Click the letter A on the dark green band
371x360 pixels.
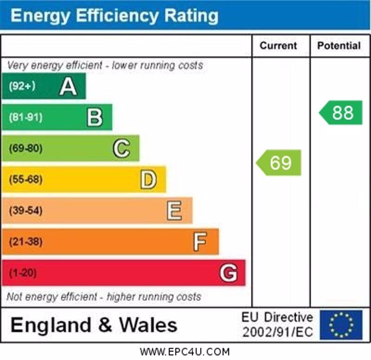click(x=68, y=86)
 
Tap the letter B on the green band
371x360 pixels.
click(x=95, y=117)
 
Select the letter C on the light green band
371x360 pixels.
click(x=122, y=148)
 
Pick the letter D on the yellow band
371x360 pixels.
click(x=148, y=180)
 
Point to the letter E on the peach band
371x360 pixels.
click(x=174, y=211)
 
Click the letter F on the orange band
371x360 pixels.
click(x=200, y=242)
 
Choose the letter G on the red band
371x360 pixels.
click(x=228, y=273)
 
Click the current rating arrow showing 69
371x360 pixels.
click(x=279, y=163)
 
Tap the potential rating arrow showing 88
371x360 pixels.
click(x=341, y=113)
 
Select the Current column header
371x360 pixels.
click(x=278, y=45)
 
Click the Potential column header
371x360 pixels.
click(x=339, y=45)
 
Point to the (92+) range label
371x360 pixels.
click(x=22, y=86)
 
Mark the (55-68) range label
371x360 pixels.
click(x=26, y=180)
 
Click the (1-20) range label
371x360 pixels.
click(x=23, y=273)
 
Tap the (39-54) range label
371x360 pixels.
click(x=26, y=211)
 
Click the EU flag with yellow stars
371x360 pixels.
click(x=341, y=325)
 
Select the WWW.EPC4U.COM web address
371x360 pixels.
click(x=185, y=352)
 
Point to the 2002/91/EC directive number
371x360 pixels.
click(x=277, y=332)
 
